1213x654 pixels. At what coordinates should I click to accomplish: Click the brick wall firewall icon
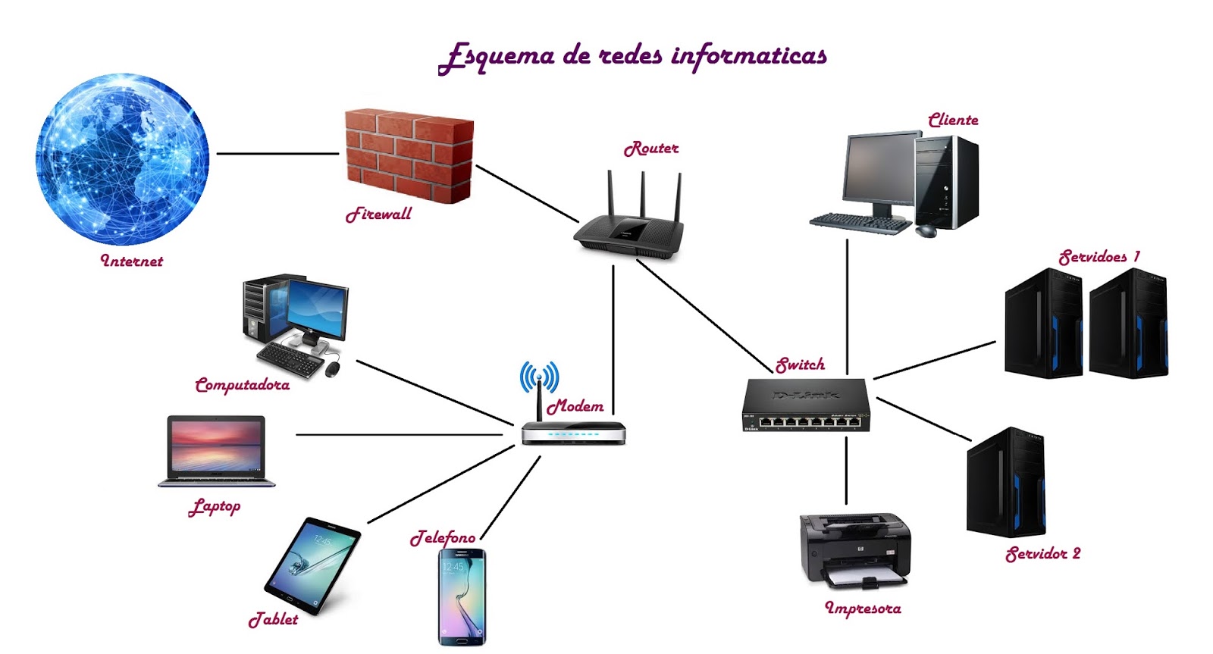pyautogui.click(x=409, y=155)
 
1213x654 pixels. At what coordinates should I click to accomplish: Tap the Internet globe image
pyautogui.click(x=122, y=159)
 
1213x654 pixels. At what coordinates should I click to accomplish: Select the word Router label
pyautogui.click(x=651, y=149)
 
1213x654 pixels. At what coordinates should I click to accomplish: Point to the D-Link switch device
pyautogui.click(x=806, y=405)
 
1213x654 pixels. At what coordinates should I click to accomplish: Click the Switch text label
pyautogui.click(x=801, y=365)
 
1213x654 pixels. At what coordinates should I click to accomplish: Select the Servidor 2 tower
pyautogui.click(x=1006, y=483)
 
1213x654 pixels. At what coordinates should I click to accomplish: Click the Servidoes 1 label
pyautogui.click(x=1099, y=257)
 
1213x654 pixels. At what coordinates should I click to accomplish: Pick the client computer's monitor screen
pyautogui.click(x=879, y=170)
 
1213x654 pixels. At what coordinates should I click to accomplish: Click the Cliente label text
pyautogui.click(x=953, y=120)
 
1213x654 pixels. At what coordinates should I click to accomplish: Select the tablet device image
pyautogui.click(x=312, y=565)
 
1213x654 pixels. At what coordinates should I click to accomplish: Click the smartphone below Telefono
pyautogui.click(x=462, y=598)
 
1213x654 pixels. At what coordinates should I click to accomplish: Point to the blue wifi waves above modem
pyautogui.click(x=539, y=376)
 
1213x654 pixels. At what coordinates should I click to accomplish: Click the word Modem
pyautogui.click(x=575, y=406)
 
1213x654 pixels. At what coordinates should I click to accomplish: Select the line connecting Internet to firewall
pyautogui.click(x=277, y=154)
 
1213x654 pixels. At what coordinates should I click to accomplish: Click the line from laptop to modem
pyautogui.click(x=398, y=435)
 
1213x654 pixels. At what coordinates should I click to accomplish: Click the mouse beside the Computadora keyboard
pyautogui.click(x=332, y=369)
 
